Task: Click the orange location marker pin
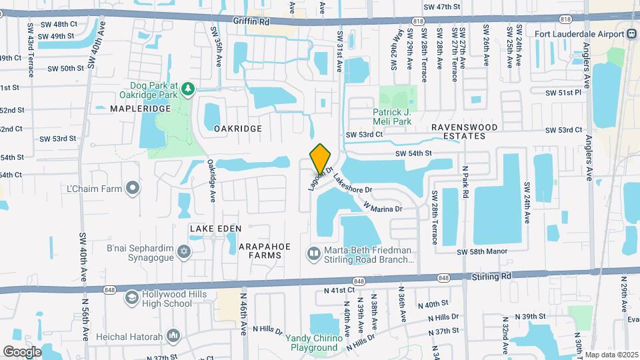tap(320, 159)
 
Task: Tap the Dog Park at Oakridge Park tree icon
tap(188, 88)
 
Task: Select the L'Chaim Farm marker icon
tap(133, 188)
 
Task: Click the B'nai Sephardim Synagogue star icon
tap(185, 251)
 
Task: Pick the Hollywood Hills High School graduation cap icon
tap(132, 297)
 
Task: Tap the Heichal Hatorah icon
tap(174, 334)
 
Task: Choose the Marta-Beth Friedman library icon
tap(313, 253)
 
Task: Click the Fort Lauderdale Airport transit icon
tap(631, 33)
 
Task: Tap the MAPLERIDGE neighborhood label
tap(135, 108)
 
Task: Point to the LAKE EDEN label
tap(212, 229)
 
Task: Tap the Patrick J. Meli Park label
tap(401, 117)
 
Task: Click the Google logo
tap(21, 351)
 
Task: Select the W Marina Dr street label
tap(383, 208)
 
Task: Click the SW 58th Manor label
tap(482, 251)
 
